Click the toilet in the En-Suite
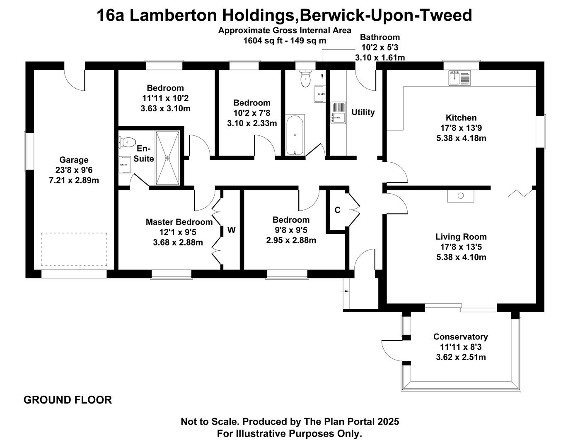pos(127,142)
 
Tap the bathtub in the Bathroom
pos(295,135)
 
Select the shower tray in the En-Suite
pos(167,158)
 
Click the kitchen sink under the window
pos(459,77)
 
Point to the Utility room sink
pos(338,113)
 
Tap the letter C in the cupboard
pos(337,210)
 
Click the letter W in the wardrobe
pos(232,230)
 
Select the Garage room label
pos(74,160)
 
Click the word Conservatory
pos(461,337)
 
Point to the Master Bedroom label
pos(179,222)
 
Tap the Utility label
pos(363,112)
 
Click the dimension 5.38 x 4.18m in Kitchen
pos(461,138)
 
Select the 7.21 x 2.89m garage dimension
pos(74,180)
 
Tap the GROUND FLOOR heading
pos(68,400)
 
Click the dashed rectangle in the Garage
pos(74,249)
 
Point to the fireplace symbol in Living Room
pos(461,196)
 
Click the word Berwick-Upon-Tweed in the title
pos(386,15)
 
